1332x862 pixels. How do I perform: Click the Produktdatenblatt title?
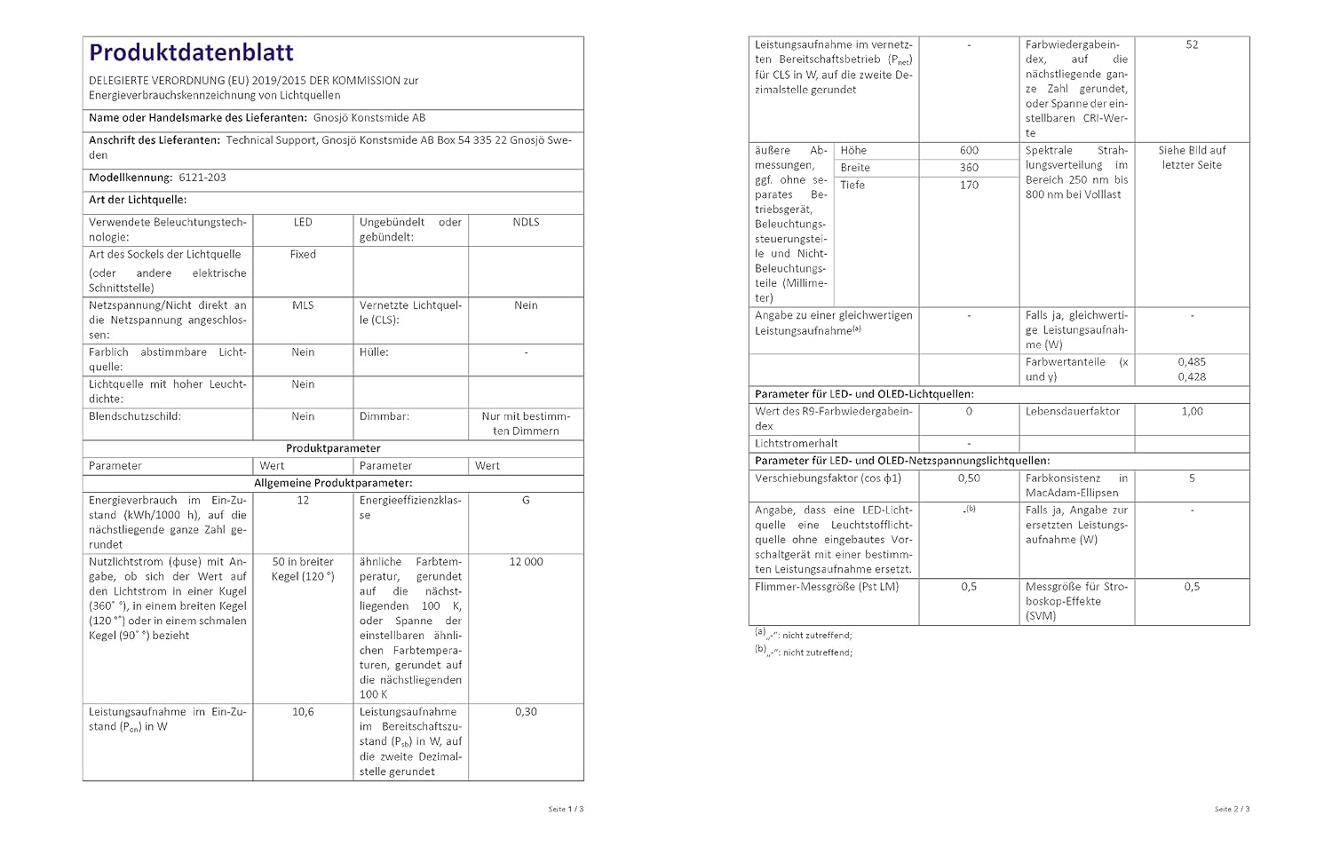191,53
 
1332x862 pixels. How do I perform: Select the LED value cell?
303,222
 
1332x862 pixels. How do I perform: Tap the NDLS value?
526,222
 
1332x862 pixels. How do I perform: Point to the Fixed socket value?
303,254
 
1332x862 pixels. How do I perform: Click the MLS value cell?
303,305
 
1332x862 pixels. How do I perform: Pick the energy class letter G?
526,501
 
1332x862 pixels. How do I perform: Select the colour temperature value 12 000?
526,562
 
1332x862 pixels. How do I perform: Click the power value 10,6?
303,712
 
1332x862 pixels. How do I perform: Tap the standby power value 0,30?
526,712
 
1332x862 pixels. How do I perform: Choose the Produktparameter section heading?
333,448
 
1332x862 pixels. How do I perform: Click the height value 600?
969,151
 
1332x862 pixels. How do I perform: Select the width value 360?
969,168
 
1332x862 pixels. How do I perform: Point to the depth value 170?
969,186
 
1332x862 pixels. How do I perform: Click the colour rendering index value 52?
1192,44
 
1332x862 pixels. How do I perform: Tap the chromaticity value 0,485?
1192,362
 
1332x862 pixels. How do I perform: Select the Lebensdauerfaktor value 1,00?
1192,412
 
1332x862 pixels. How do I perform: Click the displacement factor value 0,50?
969,478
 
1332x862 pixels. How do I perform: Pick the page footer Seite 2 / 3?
1232,809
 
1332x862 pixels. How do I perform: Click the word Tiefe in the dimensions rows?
852,186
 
